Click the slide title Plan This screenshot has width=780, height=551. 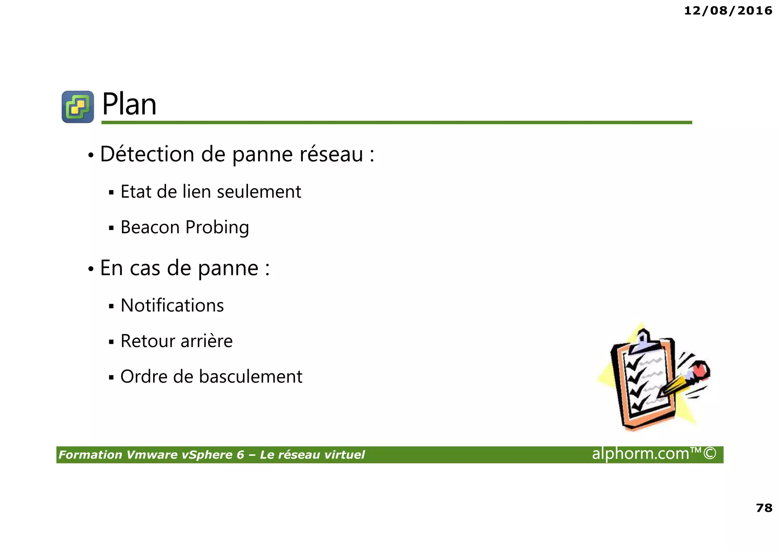[129, 104]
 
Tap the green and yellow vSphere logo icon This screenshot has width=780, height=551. [78, 107]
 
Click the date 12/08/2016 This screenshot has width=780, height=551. [728, 11]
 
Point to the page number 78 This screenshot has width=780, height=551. [764, 508]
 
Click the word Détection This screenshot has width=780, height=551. [147, 154]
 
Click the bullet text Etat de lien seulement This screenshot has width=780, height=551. [211, 192]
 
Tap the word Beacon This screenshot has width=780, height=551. [150, 227]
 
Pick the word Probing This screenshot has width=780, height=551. [217, 228]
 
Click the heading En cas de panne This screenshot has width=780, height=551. [185, 268]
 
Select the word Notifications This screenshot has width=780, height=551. [172, 305]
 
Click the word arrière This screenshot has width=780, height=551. [206, 341]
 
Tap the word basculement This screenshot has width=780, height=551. [251, 377]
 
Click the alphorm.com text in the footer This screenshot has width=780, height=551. [641, 454]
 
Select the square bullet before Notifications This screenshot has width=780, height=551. [111, 306]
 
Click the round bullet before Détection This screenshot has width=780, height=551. [91, 155]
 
